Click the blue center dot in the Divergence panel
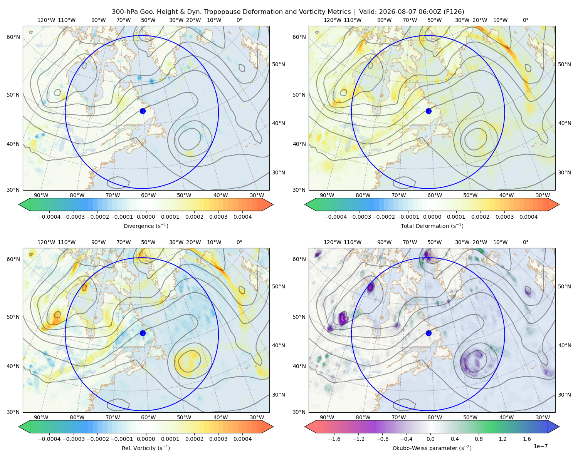(x=143, y=111)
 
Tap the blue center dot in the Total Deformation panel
(x=428, y=111)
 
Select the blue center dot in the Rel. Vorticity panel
(x=143, y=333)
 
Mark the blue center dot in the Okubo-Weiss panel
(x=428, y=333)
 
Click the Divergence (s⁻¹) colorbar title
(x=146, y=226)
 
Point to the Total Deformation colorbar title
(x=432, y=226)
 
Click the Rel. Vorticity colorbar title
(x=146, y=448)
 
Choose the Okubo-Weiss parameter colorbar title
(x=432, y=448)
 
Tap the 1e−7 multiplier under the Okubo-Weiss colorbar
(x=540, y=446)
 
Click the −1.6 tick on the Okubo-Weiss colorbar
(x=334, y=439)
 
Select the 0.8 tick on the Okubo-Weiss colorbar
(x=479, y=439)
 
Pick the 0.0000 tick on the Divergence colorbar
(x=146, y=217)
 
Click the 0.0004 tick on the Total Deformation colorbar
(x=528, y=217)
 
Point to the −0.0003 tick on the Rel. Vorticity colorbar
(x=73, y=439)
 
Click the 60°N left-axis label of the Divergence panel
(x=13, y=37)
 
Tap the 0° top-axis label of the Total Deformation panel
(x=525, y=20)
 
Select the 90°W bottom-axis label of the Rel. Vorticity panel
(x=41, y=417)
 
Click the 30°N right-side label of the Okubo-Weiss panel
(x=564, y=394)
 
